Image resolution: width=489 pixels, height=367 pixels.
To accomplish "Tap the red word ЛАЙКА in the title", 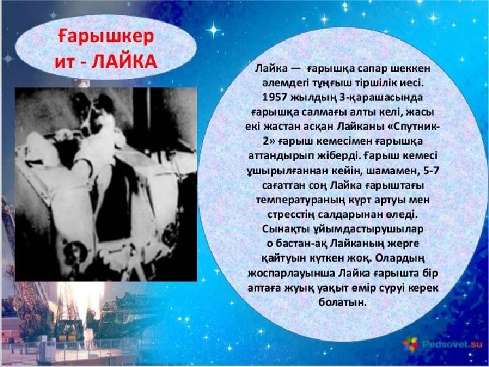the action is click(124, 61).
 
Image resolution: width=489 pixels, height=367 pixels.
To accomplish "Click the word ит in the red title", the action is click(65, 62).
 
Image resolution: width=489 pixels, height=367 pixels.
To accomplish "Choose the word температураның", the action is click(300, 200).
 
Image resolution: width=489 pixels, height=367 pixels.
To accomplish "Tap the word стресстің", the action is click(291, 215).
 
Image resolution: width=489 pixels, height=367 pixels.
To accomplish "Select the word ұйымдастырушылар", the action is click(367, 230).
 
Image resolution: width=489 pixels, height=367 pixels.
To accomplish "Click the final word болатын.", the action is click(342, 302).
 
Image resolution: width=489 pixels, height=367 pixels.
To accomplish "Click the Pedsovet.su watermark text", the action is click(452, 344).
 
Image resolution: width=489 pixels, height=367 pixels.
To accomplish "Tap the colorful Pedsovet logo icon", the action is click(410, 344).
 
